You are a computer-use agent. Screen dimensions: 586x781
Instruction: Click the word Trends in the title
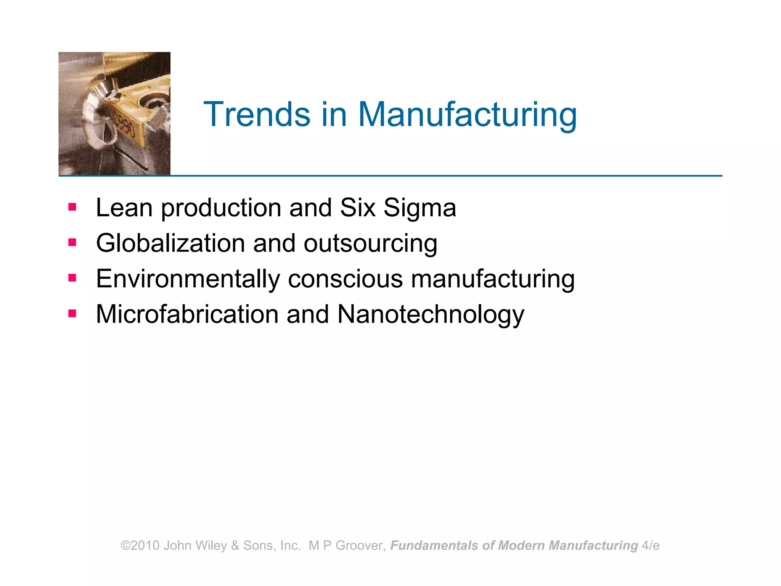[257, 114]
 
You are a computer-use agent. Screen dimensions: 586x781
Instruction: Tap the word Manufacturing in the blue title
[467, 115]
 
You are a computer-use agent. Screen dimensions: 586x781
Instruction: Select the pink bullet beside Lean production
[72, 207]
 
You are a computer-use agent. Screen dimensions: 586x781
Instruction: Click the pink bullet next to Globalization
[72, 243]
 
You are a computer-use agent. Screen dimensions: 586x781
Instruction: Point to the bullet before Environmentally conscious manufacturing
[72, 278]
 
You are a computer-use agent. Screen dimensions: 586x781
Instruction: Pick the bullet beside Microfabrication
[72, 314]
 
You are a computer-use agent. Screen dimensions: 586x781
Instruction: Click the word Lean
[124, 208]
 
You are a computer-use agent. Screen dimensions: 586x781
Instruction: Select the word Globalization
[170, 243]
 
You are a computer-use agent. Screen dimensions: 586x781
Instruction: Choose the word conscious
[345, 279]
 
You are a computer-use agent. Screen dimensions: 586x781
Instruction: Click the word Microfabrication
[187, 314]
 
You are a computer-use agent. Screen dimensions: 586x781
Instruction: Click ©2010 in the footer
[140, 546]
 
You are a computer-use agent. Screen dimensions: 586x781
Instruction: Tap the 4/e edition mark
[651, 546]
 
